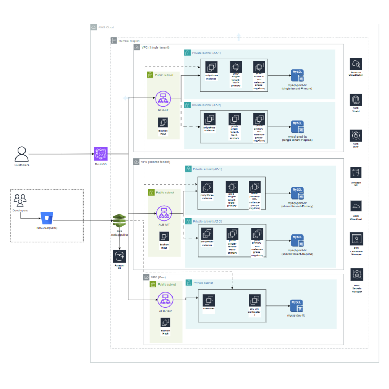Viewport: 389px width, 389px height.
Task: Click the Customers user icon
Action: (x=22, y=154)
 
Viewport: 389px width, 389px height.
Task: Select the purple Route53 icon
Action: (x=101, y=154)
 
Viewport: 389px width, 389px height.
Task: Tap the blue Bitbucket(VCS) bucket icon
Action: (x=47, y=219)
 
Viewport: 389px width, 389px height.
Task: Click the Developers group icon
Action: (x=20, y=201)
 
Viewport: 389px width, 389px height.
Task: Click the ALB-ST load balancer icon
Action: (x=163, y=99)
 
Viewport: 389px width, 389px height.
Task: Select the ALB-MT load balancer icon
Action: (x=164, y=214)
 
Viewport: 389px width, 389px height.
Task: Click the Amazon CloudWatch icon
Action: (x=356, y=64)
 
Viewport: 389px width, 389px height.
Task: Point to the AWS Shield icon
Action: (x=356, y=100)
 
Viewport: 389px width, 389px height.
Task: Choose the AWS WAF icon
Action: (x=356, y=136)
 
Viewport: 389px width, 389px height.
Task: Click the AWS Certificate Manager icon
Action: (x=357, y=238)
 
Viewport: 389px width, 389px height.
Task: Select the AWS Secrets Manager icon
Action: (x=357, y=274)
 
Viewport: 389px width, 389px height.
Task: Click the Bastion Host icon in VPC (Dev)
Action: (x=166, y=322)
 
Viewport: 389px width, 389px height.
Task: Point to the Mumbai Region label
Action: (x=129, y=41)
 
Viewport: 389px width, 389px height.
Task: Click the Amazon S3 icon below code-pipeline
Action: (x=119, y=257)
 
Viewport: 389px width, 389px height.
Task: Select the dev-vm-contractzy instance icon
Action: (x=254, y=300)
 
